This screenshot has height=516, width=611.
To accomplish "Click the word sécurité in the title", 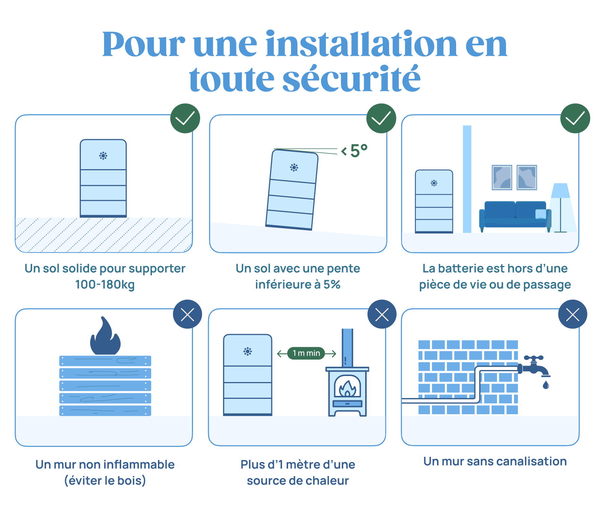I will [351, 79].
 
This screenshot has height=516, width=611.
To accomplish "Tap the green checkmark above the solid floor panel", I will [185, 118].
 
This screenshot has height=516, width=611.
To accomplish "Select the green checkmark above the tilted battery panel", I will [381, 118].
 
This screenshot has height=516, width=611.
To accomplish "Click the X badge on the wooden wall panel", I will [187, 314].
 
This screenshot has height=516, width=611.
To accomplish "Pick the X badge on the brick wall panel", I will [572, 314].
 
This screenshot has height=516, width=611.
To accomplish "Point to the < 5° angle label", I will [354, 151].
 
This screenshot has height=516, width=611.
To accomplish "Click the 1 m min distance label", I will [306, 353].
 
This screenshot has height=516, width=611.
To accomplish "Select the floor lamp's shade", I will [560, 190].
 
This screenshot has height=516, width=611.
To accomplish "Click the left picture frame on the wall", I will [502, 177].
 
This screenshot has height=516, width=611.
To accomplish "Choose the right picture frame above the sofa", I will [527, 177].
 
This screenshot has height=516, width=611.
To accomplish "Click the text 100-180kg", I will [105, 285].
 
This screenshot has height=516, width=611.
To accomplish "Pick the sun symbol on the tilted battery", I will [294, 167].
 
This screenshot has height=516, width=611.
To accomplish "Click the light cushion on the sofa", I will [541, 214].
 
